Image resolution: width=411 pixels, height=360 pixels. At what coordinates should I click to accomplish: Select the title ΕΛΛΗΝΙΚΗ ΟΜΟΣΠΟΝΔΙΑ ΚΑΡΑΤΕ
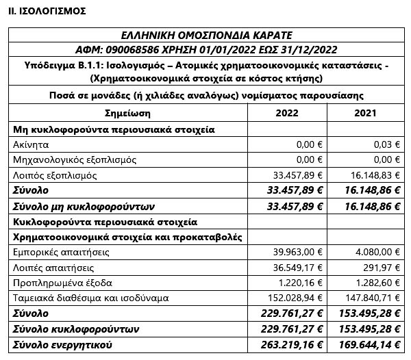tap(206, 36)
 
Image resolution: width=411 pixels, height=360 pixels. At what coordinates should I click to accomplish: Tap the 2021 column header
tap(366, 112)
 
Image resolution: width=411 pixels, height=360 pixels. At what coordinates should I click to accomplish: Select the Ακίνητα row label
tap(30, 144)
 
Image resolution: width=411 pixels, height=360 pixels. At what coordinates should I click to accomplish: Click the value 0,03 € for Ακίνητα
tap(384, 144)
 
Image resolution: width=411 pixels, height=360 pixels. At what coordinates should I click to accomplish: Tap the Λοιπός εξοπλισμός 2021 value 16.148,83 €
tap(371, 175)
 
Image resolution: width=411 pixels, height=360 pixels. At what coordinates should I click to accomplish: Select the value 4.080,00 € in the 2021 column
tap(374, 253)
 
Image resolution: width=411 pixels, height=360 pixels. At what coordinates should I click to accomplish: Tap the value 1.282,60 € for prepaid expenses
tap(374, 283)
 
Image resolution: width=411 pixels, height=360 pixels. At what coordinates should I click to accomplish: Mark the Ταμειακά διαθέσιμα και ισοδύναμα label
tap(82, 298)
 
